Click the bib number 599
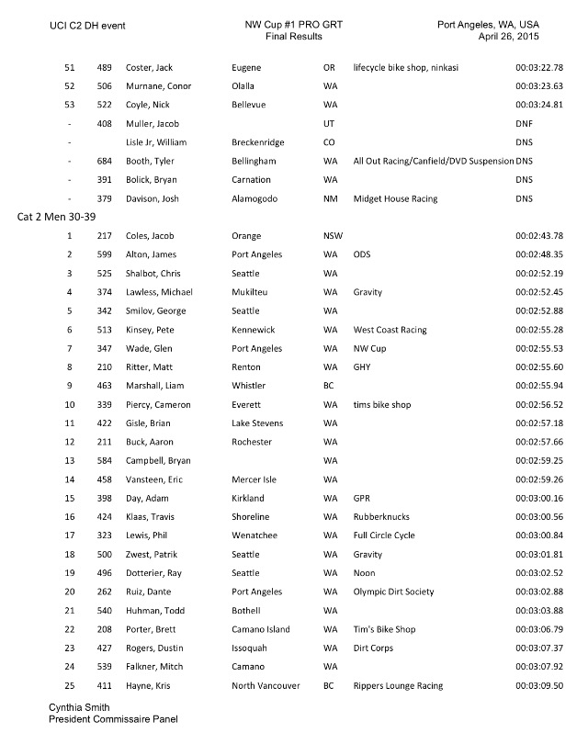[x=104, y=255]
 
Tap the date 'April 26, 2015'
[x=508, y=36]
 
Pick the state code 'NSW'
[x=333, y=236]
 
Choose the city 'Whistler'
[x=252, y=386]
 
